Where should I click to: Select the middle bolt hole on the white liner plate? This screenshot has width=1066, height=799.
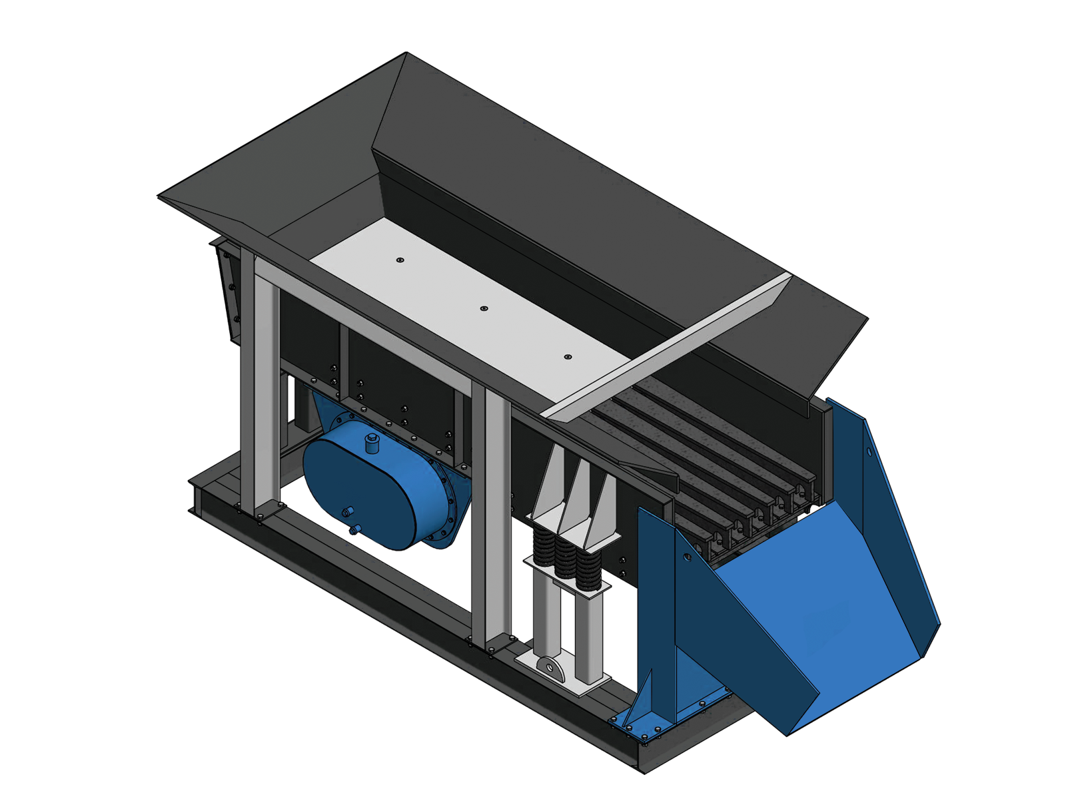(484, 309)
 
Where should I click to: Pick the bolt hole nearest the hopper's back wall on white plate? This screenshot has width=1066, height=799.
(400, 260)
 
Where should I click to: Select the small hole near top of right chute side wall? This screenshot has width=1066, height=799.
(869, 452)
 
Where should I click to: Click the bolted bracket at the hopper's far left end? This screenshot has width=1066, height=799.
(227, 286)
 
